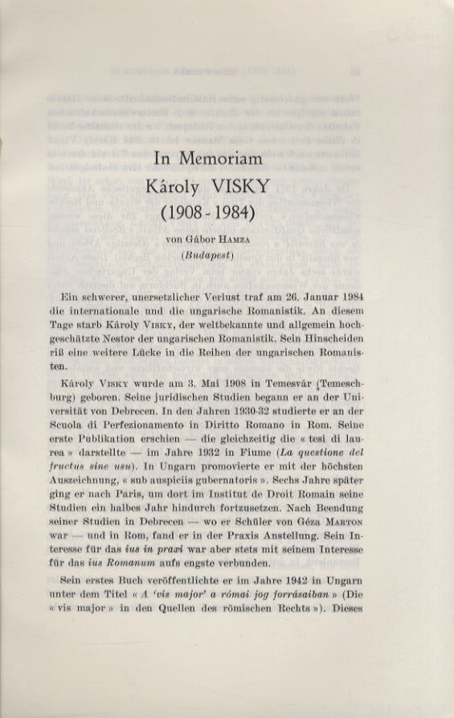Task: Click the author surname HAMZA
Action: click(x=239, y=239)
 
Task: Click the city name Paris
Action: click(x=155, y=509)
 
